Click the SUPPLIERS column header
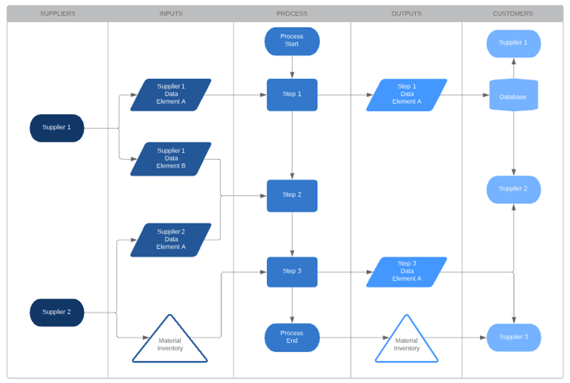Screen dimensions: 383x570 coord(57,13)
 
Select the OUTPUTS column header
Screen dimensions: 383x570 coord(406,13)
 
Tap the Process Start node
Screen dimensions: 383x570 coord(292,41)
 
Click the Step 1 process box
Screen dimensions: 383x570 coord(292,94)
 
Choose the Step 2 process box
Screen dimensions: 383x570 coord(292,195)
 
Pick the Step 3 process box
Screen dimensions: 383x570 coord(292,272)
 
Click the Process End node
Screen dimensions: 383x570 coord(292,337)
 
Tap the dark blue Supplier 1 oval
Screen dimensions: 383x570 coord(57,128)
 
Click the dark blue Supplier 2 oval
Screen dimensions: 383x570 coord(57,312)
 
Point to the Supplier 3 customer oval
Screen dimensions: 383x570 coord(513,337)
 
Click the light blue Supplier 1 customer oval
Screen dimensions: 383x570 coord(513,43)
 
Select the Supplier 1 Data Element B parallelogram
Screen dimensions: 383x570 coord(171,159)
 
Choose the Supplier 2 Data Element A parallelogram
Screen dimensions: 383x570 coord(171,240)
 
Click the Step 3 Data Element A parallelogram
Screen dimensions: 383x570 coord(406,272)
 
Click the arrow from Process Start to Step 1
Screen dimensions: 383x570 coord(292,67)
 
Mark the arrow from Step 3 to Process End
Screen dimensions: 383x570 coord(292,305)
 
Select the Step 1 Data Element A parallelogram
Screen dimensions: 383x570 coord(406,94)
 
